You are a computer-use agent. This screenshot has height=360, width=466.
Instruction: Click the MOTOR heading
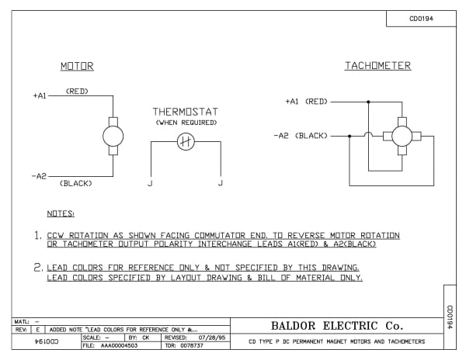[77, 67]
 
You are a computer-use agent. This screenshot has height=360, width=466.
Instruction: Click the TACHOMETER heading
[377, 67]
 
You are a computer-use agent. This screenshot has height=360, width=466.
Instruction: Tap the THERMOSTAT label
[185, 111]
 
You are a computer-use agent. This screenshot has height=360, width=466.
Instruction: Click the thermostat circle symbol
[185, 141]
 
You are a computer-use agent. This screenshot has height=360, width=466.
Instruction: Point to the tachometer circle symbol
[402, 136]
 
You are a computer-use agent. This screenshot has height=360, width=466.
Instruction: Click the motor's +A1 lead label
[40, 95]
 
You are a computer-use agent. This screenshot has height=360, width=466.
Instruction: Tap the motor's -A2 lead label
[40, 176]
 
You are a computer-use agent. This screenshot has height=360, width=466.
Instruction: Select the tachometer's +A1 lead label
[292, 102]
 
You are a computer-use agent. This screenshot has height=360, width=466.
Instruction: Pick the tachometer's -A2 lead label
[282, 135]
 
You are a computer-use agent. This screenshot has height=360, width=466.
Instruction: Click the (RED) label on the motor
[77, 91]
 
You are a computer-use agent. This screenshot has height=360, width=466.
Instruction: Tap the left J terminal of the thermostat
[149, 183]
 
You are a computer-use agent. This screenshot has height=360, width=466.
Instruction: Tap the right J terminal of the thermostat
[221, 183]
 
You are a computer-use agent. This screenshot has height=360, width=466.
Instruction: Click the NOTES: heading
[60, 213]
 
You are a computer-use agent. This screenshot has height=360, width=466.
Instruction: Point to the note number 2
[37, 267]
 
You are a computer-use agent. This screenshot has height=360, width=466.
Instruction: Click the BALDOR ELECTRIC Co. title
[337, 326]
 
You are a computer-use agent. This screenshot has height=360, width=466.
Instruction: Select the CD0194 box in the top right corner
[421, 19]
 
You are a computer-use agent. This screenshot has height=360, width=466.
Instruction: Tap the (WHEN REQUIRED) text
[185, 123]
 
